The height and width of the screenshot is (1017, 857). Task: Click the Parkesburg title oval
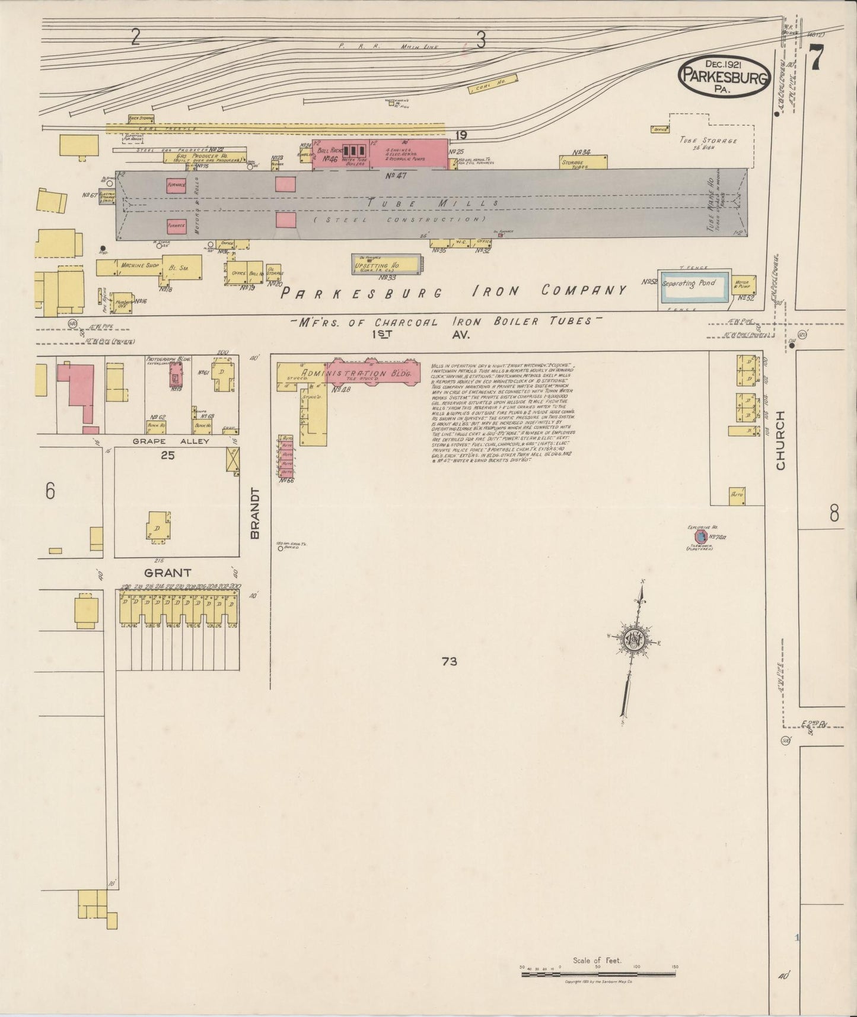pos(724,75)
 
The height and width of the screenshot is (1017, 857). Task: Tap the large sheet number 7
pos(818,58)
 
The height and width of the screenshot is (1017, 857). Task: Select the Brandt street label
pos(255,513)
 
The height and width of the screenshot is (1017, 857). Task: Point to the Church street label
pos(780,440)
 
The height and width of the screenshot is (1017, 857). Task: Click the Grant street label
pos(168,573)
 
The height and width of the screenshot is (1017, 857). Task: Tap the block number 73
pos(450,660)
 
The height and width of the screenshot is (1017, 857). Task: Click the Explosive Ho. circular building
pos(700,537)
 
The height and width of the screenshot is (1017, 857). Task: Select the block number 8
pos(834,513)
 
